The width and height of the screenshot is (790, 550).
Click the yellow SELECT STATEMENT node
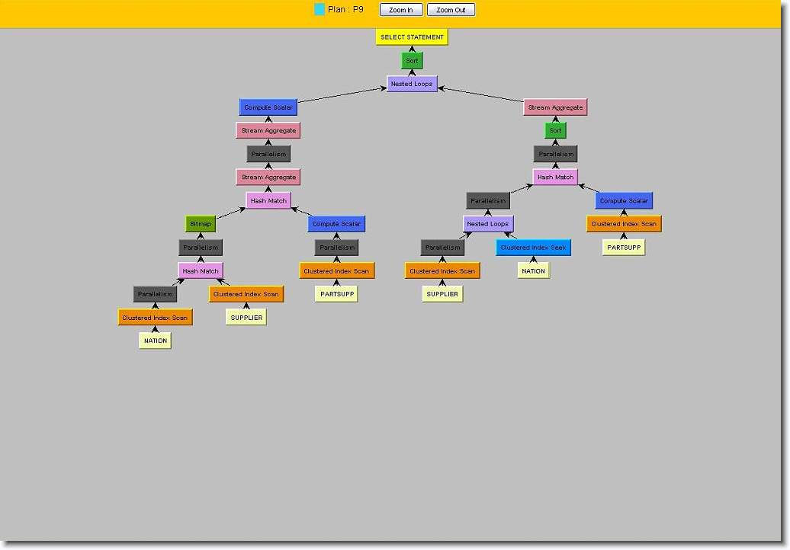(412, 37)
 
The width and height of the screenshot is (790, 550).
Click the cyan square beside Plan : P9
(320, 9)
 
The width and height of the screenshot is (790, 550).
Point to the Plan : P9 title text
(345, 9)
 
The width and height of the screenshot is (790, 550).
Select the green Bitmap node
(201, 224)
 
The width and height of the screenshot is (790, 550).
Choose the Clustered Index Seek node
(533, 247)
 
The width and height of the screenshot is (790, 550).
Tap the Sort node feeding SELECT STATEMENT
(412, 60)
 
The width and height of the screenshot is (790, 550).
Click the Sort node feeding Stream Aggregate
(555, 130)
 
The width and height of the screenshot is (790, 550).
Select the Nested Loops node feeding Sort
(412, 84)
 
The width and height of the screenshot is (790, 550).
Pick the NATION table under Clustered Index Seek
(533, 270)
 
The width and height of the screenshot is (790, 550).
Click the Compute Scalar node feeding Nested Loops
(268, 107)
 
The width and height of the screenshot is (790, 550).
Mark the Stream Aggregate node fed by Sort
(555, 107)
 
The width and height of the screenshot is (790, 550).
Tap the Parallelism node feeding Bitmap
(201, 247)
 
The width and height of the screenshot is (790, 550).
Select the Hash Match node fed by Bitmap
(268, 200)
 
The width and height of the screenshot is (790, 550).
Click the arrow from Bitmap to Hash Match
(231, 213)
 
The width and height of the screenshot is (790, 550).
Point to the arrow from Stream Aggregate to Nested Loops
(480, 94)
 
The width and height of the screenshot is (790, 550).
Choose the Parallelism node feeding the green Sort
(555, 154)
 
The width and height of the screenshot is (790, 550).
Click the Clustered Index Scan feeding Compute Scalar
(624, 224)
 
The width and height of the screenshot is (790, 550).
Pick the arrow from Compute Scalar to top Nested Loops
(342, 95)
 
